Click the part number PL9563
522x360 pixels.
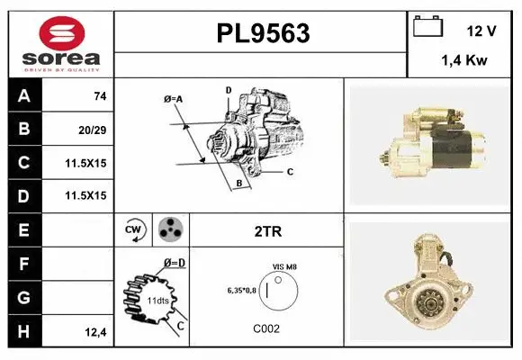pyautogui.click(x=262, y=33)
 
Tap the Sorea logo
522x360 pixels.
pyautogui.click(x=60, y=43)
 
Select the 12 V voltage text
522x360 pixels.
pyautogui.click(x=481, y=31)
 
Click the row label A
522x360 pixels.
pyautogui.click(x=23, y=95)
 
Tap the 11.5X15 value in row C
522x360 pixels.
pyautogui.click(x=85, y=163)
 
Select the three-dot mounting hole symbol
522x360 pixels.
pyautogui.click(x=169, y=230)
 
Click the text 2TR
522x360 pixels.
pyautogui.click(x=268, y=231)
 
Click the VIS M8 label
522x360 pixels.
pyautogui.click(x=285, y=267)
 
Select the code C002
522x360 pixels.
pyautogui.click(x=267, y=328)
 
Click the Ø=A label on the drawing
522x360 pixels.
pyautogui.click(x=173, y=98)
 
